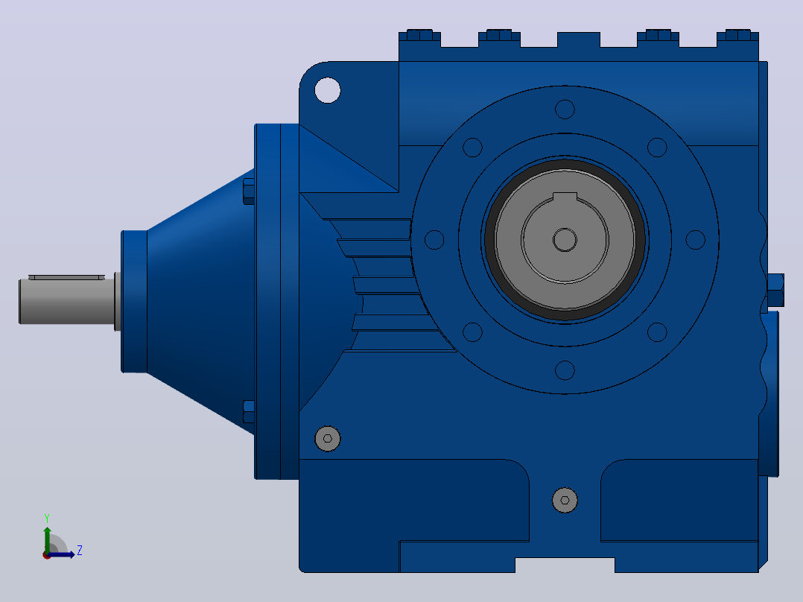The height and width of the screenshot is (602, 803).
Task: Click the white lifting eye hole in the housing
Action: pos(328,90)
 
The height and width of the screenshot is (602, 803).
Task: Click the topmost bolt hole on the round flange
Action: pos(565,109)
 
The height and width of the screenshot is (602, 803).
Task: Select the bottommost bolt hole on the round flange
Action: pos(565,370)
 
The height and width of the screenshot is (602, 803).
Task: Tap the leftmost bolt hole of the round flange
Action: pos(434,240)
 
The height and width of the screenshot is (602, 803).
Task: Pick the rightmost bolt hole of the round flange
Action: pos(696,240)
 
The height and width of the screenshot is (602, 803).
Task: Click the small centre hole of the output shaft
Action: pos(565,240)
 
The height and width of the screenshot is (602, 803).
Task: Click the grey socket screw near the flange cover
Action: pos(328,439)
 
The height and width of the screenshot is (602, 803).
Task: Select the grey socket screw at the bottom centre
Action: pos(565,500)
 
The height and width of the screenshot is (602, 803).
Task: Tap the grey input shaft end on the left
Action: pos(66,301)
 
